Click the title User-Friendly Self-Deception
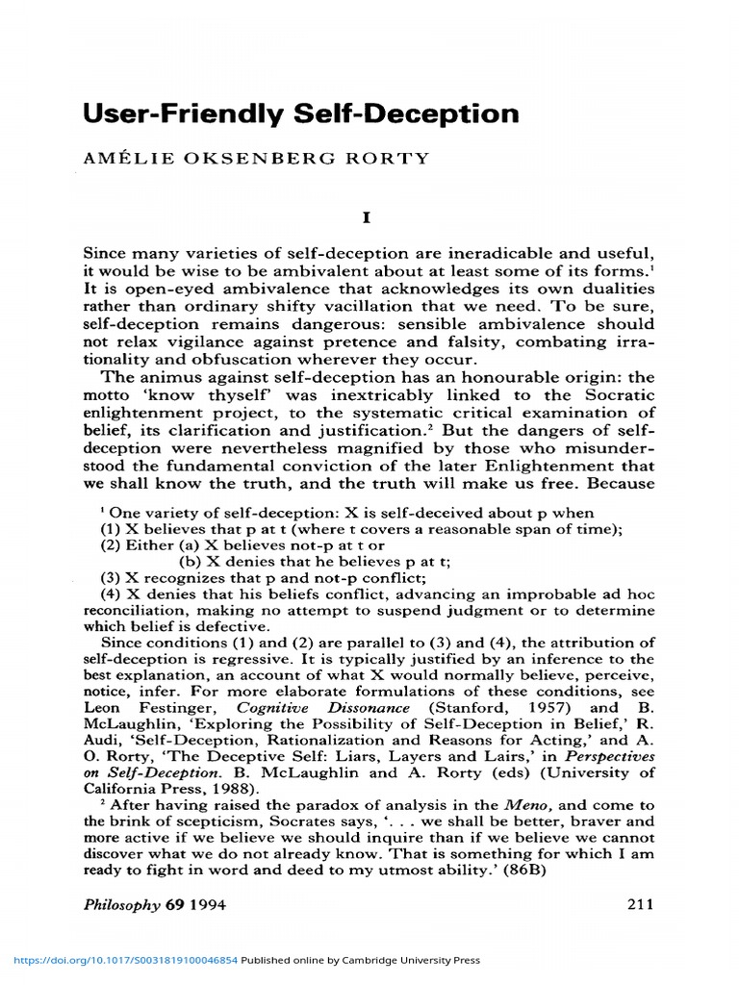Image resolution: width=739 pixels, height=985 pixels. click(x=300, y=114)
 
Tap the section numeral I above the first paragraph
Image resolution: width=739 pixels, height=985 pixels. click(x=366, y=218)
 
